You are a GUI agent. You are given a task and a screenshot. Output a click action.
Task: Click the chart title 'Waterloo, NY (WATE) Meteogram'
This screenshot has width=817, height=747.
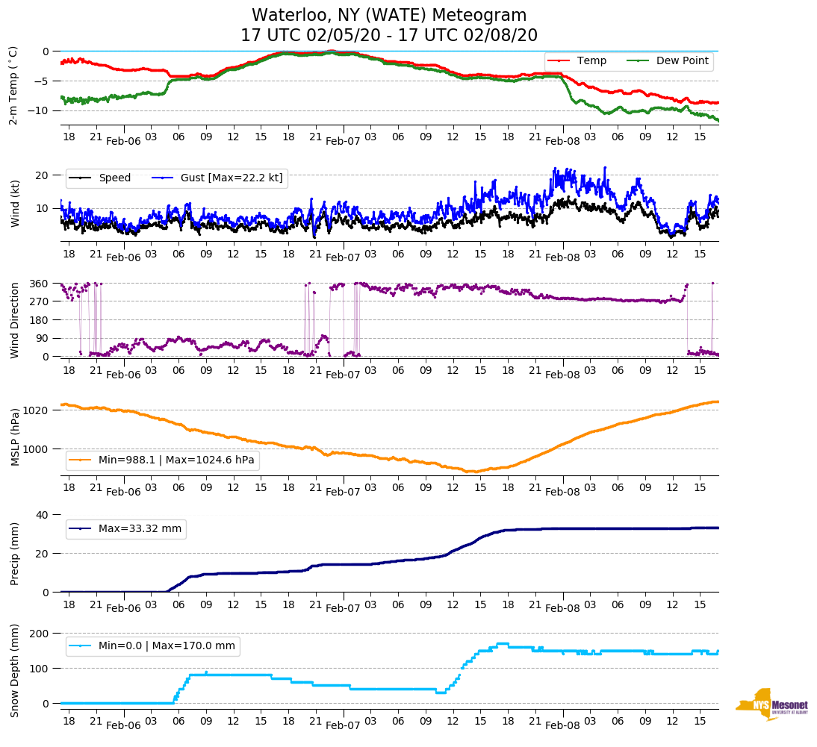pos(389,16)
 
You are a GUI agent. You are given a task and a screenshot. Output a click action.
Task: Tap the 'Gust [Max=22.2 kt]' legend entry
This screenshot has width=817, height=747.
pos(217,178)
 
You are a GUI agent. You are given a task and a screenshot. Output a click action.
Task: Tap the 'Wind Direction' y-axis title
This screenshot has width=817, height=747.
pos(14,320)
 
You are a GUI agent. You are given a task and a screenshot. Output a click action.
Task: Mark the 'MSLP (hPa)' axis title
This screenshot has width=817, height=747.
pos(14,437)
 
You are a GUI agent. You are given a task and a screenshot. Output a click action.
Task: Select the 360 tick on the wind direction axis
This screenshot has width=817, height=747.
pos(40,284)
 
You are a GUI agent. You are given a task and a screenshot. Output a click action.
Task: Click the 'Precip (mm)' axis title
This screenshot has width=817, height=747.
pos(14,553)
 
